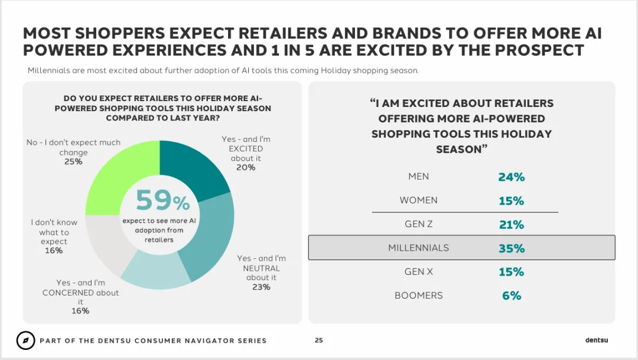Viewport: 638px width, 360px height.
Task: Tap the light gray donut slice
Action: (106, 242)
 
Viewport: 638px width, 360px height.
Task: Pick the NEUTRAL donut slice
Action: (211, 236)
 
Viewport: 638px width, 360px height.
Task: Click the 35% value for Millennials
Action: (512, 248)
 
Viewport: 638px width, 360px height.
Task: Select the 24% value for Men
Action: (512, 177)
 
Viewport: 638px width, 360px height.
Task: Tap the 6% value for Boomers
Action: (512, 296)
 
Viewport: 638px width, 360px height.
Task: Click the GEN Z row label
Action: (419, 224)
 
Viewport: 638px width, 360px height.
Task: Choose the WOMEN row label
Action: (419, 200)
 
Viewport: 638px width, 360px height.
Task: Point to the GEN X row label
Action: (419, 272)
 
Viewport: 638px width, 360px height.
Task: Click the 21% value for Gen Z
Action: (512, 225)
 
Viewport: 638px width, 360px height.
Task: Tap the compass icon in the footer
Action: (25, 340)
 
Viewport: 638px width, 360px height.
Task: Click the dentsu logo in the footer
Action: (597, 340)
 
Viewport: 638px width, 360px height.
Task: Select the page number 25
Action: (319, 340)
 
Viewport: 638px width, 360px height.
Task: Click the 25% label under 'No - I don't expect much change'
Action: (73, 161)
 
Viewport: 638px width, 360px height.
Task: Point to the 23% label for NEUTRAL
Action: (261, 287)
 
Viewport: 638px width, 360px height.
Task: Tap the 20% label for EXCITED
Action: (246, 167)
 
